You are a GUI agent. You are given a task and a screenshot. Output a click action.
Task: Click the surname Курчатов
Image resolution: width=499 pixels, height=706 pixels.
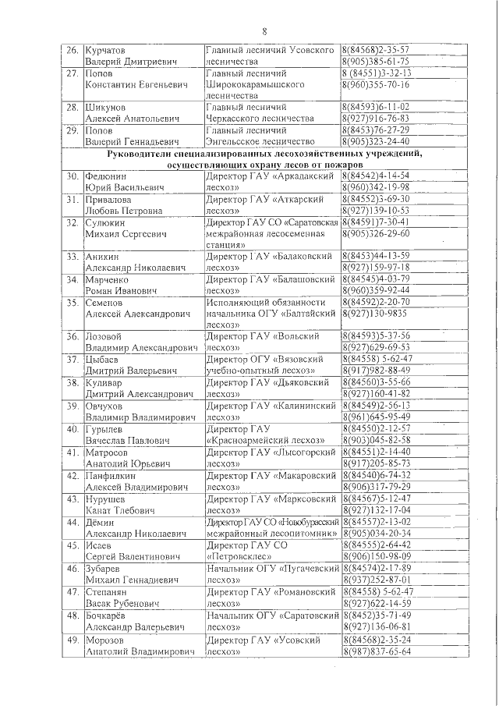pyautogui.click(x=111, y=49)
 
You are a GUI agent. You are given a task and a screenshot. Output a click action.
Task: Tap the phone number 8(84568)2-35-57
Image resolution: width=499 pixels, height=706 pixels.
pyautogui.click(x=376, y=49)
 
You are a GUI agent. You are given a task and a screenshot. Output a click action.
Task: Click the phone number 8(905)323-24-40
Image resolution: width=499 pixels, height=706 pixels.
pyautogui.click(x=376, y=142)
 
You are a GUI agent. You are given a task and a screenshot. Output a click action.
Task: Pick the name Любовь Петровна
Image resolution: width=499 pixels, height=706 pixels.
pyautogui.click(x=123, y=210)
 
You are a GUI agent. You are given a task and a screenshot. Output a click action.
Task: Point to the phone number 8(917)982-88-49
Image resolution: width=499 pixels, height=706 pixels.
pyautogui.click(x=376, y=371)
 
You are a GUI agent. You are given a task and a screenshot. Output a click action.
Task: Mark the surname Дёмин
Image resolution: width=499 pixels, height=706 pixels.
pyautogui.click(x=104, y=520)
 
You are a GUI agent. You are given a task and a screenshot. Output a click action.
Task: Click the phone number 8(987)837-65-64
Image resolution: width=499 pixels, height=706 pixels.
pyautogui.click(x=376, y=651)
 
